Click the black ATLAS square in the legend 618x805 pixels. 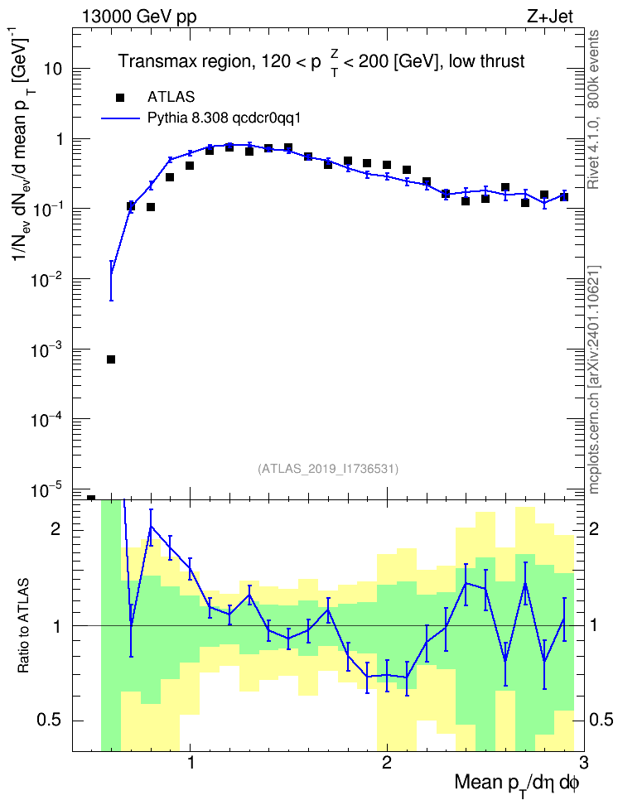pyautogui.click(x=120, y=98)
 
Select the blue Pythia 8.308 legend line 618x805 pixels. pyautogui.click(x=120, y=118)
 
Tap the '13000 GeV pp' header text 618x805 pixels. pyautogui.click(x=138, y=17)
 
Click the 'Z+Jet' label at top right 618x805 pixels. pyautogui.click(x=549, y=17)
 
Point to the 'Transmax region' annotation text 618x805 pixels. pyautogui.click(x=185, y=61)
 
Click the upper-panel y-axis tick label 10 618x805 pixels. pyautogui.click(x=53, y=70)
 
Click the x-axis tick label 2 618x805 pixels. pyautogui.click(x=387, y=763)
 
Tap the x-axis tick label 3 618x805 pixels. pyautogui.click(x=583, y=763)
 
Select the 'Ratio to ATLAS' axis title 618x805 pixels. pyautogui.click(x=23, y=626)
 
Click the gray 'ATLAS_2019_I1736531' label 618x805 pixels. pyautogui.click(x=328, y=469)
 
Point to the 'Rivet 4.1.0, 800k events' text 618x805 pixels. pyautogui.click(x=594, y=109)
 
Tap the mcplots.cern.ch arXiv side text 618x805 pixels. pyautogui.click(x=594, y=380)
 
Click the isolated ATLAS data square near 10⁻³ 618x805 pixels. pyautogui.click(x=111, y=359)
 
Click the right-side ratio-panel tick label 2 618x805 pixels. pyautogui.click(x=594, y=529)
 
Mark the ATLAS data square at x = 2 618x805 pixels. pyautogui.click(x=387, y=165)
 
